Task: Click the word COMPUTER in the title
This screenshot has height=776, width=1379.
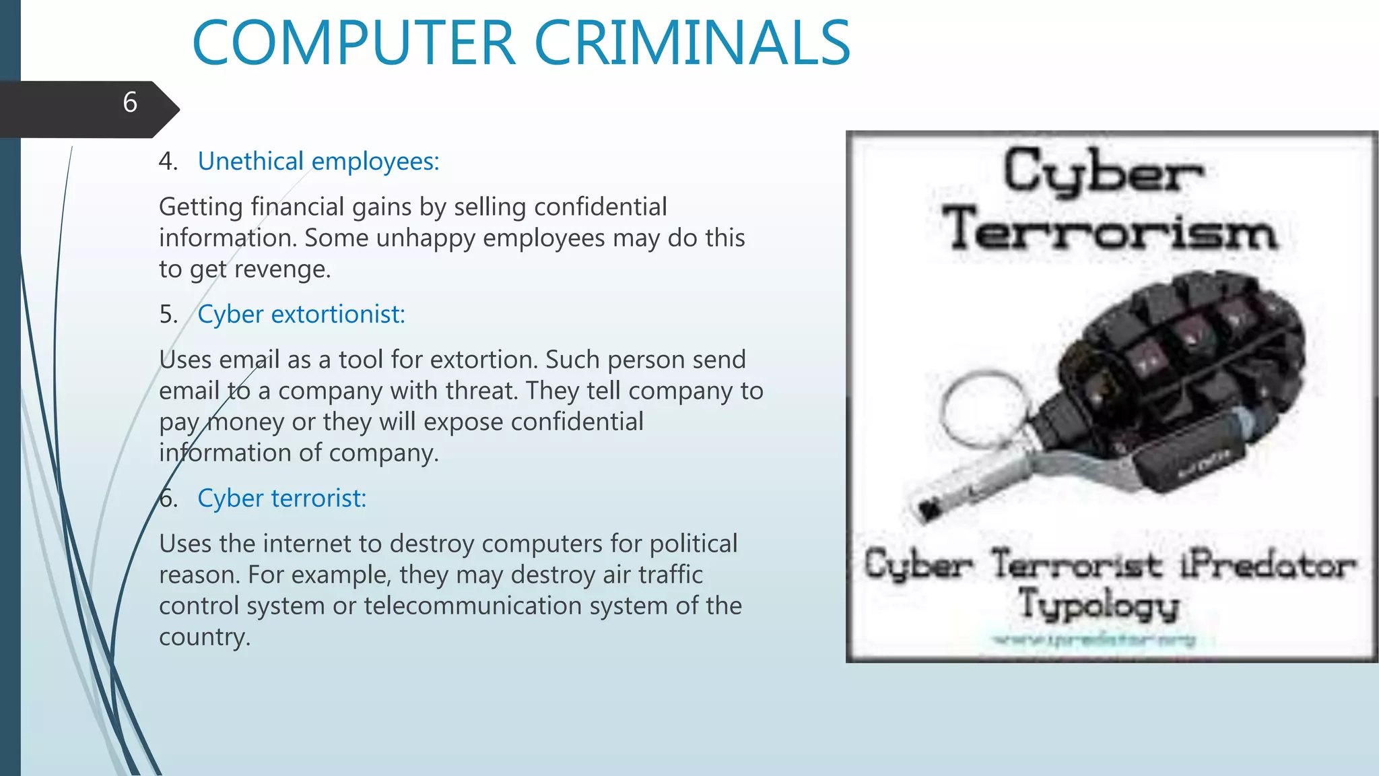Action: (x=354, y=43)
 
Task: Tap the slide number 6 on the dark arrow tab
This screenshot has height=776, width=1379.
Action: (x=130, y=102)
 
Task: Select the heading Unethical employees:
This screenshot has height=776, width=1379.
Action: (x=318, y=162)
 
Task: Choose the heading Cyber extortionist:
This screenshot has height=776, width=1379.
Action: (x=301, y=315)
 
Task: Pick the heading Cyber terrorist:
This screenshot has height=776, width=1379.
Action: (x=281, y=498)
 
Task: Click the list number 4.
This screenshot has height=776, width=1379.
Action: (x=168, y=162)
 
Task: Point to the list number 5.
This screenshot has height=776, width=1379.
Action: (x=168, y=315)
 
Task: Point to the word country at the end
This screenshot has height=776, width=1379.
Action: (x=203, y=637)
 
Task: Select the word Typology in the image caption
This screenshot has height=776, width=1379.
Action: (x=1099, y=604)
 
